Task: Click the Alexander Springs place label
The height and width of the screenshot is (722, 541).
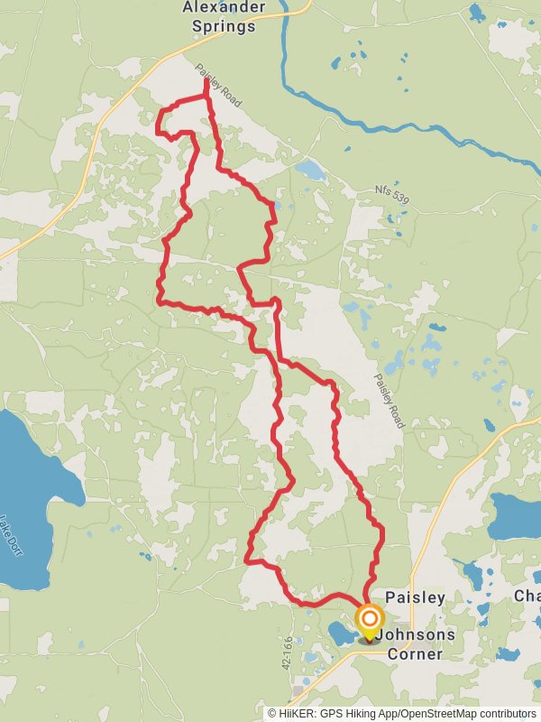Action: (x=224, y=16)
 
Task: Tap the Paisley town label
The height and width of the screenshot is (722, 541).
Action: (x=415, y=597)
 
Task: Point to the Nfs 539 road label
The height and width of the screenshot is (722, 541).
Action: (x=391, y=191)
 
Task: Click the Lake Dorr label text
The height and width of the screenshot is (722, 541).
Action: (x=11, y=534)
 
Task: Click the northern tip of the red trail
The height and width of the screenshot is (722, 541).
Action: (x=206, y=81)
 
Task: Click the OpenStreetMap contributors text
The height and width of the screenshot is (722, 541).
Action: (x=477, y=713)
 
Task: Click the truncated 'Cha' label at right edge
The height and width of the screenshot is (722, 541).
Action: (x=527, y=597)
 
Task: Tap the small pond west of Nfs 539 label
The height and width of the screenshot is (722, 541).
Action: (x=310, y=169)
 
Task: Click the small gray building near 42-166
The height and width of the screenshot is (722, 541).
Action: (x=298, y=690)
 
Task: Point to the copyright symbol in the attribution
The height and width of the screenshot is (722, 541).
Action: (x=271, y=713)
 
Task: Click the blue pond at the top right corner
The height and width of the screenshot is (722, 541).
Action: (x=476, y=13)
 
